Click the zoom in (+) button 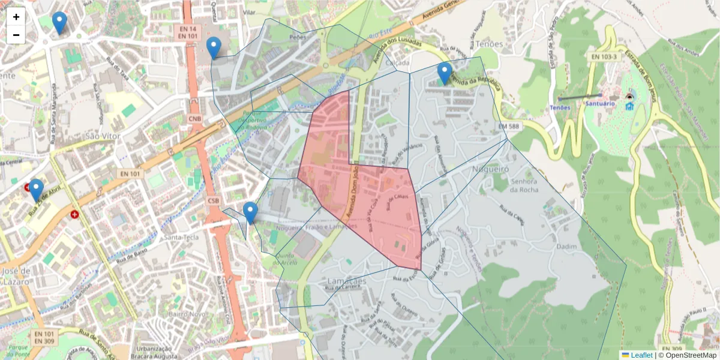click(x=16, y=17)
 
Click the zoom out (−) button click(x=16, y=35)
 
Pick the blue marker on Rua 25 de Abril click(x=36, y=190)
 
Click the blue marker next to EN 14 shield click(x=214, y=47)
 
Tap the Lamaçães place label click(x=347, y=281)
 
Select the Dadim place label click(x=566, y=247)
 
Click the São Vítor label click(x=103, y=136)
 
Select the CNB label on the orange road click(x=195, y=119)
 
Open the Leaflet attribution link click(x=641, y=355)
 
